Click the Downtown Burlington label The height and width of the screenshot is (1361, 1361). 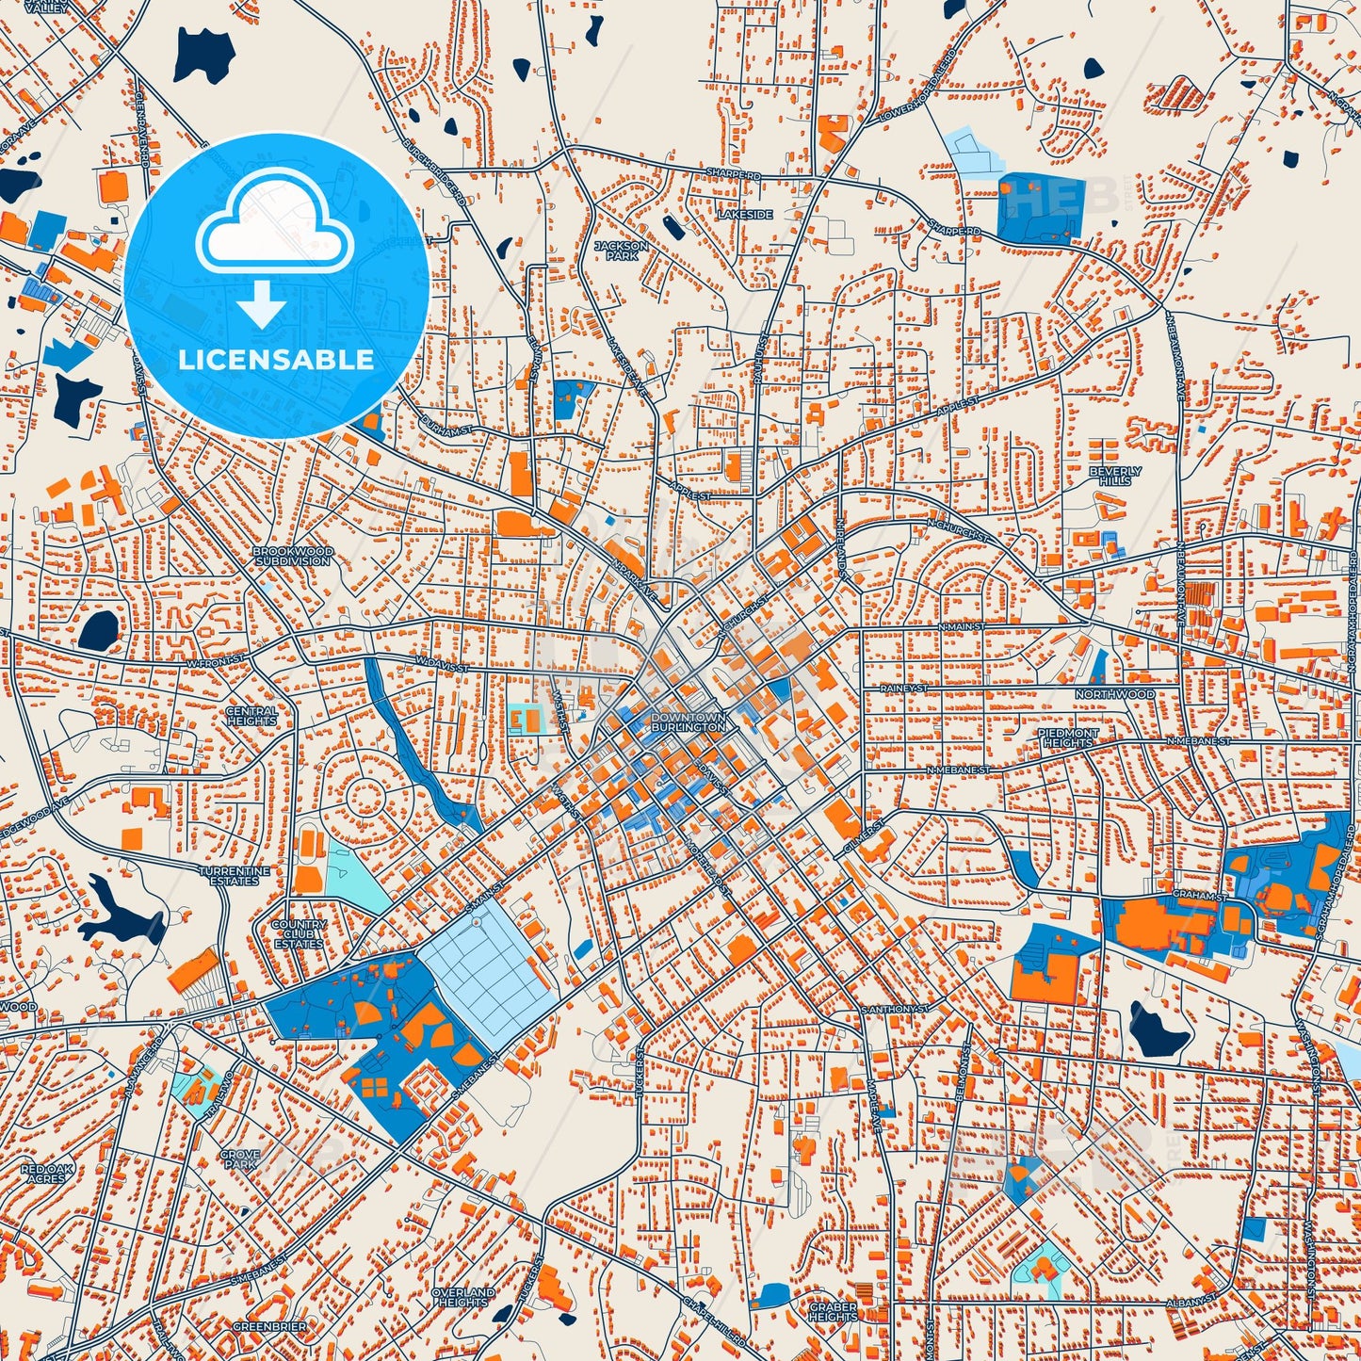(x=689, y=722)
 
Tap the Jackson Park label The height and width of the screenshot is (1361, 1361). (x=621, y=251)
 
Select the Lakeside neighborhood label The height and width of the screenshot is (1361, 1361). (x=744, y=215)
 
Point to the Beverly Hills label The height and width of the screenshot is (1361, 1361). (x=1115, y=476)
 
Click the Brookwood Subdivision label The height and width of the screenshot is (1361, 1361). (x=292, y=556)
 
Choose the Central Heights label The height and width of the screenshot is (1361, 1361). (x=251, y=716)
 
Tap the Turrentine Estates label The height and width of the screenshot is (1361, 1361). (x=235, y=876)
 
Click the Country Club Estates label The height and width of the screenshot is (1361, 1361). (x=299, y=934)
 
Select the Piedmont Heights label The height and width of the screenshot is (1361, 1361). (x=1067, y=737)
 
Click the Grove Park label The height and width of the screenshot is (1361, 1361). (x=240, y=1158)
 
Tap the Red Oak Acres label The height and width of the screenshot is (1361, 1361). (x=46, y=1174)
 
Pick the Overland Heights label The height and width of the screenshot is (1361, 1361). (x=463, y=1297)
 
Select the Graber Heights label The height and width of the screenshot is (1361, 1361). (x=833, y=1311)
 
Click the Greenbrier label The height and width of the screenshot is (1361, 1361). (x=269, y=1326)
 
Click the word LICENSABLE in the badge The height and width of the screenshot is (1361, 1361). (x=276, y=360)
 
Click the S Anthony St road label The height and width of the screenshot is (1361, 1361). (x=895, y=1009)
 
